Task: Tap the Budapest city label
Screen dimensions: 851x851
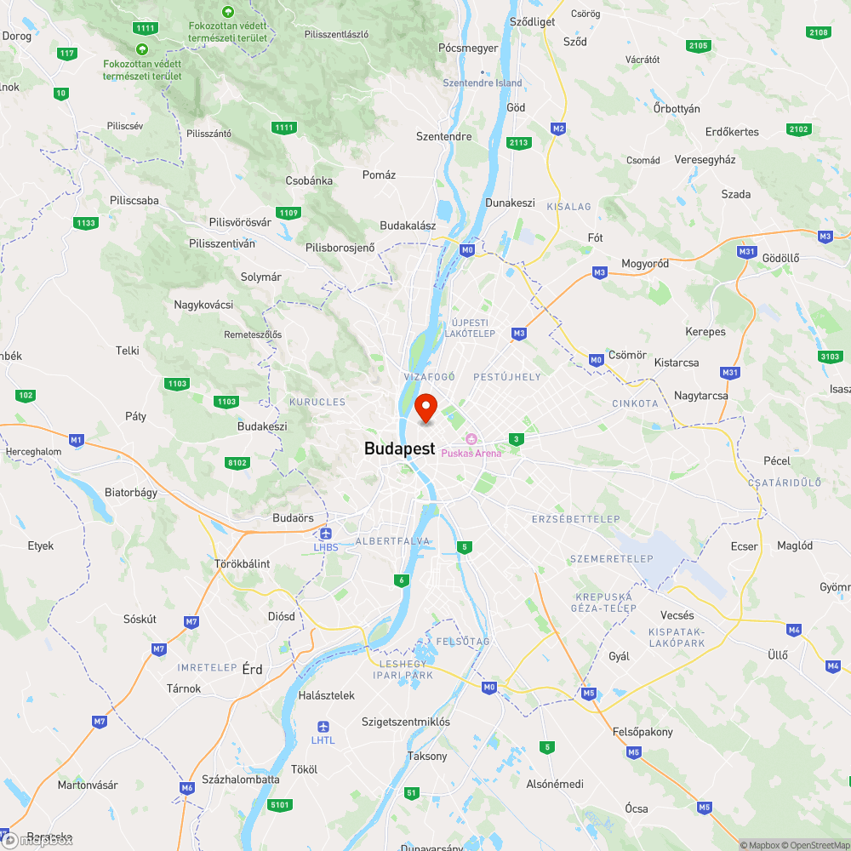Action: (399, 448)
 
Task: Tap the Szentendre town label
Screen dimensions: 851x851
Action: (443, 136)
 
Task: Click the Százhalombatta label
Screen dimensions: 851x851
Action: (241, 780)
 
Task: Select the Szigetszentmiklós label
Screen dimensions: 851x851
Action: (406, 722)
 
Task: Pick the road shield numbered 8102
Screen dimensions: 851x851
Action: (237, 462)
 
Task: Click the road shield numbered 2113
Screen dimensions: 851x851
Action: (517, 142)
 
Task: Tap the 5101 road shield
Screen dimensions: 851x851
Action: (279, 804)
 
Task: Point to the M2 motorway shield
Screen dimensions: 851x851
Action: (558, 129)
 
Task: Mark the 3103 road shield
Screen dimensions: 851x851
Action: (830, 356)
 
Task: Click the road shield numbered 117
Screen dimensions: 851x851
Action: (67, 54)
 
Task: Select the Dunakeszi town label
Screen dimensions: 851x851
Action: (510, 203)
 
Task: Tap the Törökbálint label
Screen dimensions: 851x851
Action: (242, 563)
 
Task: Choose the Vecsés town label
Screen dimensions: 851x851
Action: (677, 615)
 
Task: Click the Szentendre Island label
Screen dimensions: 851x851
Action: (483, 83)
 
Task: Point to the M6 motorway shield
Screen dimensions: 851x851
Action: (187, 788)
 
